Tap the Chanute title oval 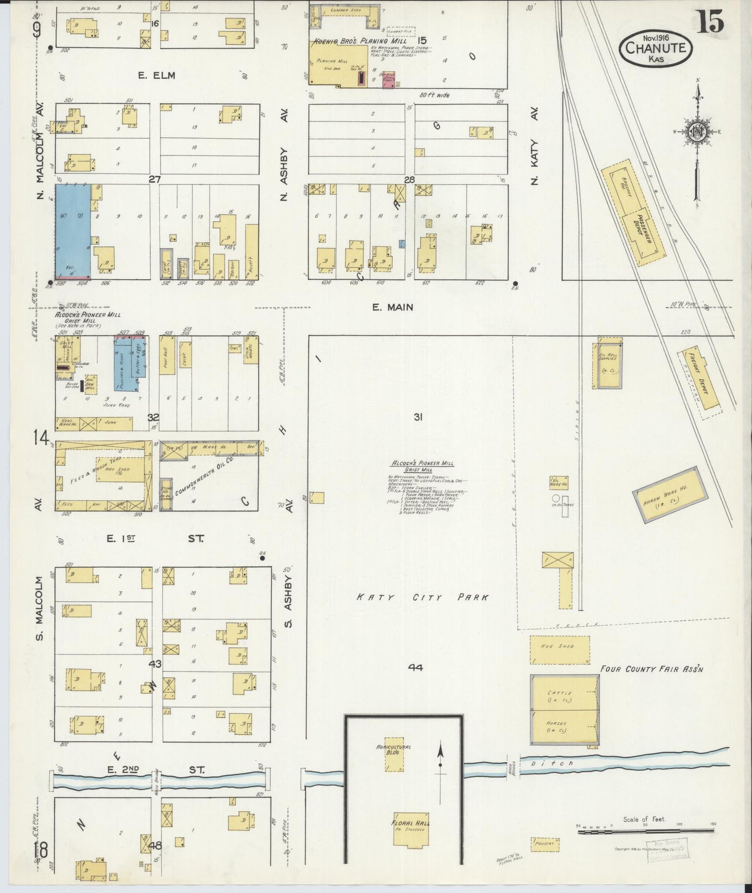click(x=655, y=48)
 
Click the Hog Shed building click(x=560, y=649)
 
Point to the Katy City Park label click(x=423, y=598)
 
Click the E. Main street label click(x=392, y=307)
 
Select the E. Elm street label click(x=157, y=76)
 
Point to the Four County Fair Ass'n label click(x=651, y=668)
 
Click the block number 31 click(x=417, y=417)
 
